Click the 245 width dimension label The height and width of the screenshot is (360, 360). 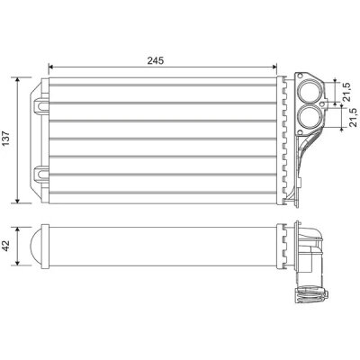point(156,60)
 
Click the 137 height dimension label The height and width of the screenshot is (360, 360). point(6,139)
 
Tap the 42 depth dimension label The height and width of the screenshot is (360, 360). point(6,247)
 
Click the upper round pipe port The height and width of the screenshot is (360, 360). point(310,91)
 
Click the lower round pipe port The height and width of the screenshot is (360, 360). point(310,116)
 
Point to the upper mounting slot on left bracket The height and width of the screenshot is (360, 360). point(40,106)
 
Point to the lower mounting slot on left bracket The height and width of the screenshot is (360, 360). point(40,174)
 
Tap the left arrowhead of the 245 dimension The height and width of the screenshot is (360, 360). point(51,67)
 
